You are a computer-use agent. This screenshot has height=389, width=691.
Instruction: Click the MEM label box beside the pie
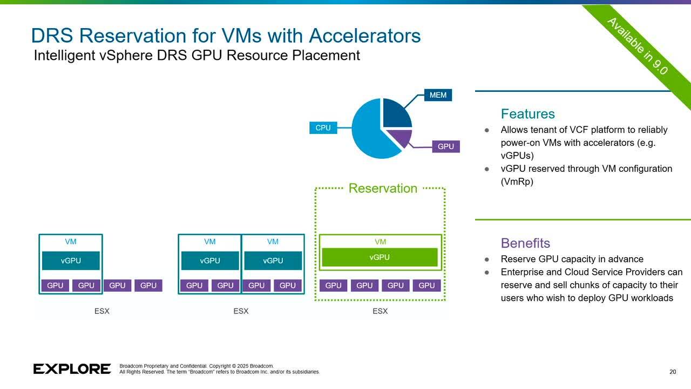click(438, 95)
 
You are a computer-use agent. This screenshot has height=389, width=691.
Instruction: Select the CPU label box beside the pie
click(323, 128)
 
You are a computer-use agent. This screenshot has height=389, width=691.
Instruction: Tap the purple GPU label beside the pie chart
click(445, 146)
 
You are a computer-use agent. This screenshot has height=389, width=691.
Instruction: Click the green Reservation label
click(383, 188)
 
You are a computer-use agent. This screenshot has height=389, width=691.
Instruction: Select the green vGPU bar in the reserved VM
click(380, 257)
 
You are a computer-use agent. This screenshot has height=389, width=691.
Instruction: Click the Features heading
click(527, 114)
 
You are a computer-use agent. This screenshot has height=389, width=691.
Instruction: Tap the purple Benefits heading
click(525, 243)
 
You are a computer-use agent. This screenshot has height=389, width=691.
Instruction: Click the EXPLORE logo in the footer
click(72, 369)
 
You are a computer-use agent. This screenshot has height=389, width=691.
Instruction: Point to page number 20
click(672, 372)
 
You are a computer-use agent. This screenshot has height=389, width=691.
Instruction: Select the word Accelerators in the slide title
click(364, 36)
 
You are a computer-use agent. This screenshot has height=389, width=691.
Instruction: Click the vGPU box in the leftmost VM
click(71, 260)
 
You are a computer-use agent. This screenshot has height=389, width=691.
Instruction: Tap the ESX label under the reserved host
click(380, 311)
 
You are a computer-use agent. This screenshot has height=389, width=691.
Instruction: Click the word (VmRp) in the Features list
click(517, 182)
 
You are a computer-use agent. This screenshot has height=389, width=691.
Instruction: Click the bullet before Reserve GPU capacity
click(487, 259)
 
